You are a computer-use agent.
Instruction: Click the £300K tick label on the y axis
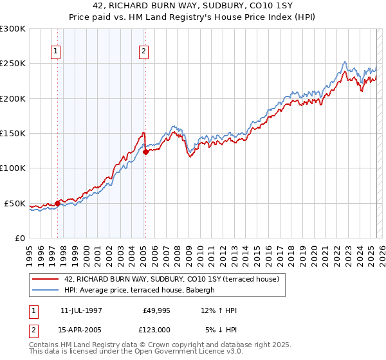12,29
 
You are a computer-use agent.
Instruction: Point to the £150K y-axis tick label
12,134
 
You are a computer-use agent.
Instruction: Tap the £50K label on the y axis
15,203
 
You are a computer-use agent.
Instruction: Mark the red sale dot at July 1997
58,203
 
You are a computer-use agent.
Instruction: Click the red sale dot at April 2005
146,152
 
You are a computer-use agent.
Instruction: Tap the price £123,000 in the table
156,329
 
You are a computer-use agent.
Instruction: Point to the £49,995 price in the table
156,311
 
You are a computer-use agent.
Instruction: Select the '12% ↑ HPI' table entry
219,311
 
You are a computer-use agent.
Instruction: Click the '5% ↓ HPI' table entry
221,329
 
